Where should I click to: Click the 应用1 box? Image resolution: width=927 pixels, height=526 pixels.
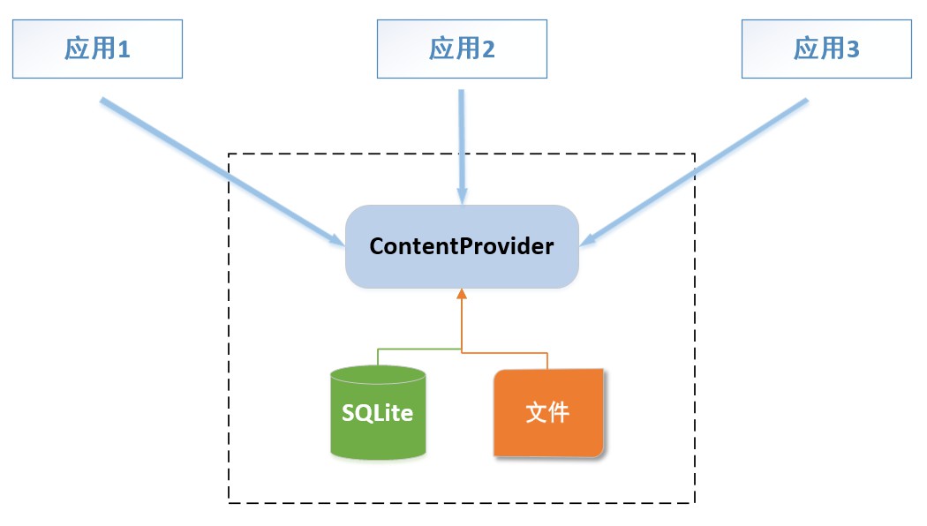[97, 49]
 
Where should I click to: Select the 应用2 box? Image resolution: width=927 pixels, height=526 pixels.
[462, 49]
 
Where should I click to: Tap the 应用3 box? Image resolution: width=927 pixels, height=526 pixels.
[826, 49]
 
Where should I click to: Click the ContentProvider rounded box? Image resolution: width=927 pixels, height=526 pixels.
[462, 246]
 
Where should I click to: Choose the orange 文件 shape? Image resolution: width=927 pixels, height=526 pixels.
[549, 413]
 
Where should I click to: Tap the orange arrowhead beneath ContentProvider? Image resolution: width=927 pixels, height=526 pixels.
[461, 293]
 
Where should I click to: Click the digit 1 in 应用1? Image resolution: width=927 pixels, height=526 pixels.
[124, 49]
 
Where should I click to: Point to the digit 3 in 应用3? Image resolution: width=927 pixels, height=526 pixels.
[852, 49]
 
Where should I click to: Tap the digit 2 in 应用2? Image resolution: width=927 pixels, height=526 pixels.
[488, 49]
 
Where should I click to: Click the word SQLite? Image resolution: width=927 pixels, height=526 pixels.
[378, 412]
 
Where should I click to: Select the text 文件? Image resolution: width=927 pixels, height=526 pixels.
[547, 412]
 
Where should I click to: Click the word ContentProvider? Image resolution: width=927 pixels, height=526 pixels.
[462, 245]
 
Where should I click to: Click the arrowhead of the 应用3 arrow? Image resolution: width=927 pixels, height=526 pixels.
[587, 238]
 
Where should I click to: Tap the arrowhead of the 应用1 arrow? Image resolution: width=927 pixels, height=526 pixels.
[337, 240]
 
